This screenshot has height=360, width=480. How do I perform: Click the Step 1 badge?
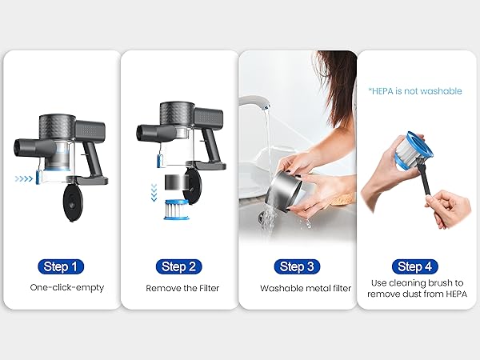coord(61,266)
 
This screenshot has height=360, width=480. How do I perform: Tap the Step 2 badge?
coord(178,266)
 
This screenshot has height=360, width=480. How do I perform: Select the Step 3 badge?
coord(297,266)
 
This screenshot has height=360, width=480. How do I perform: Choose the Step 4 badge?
coord(414,266)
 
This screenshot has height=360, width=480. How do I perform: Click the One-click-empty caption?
coord(67,287)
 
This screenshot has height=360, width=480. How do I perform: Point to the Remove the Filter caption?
coord(182,288)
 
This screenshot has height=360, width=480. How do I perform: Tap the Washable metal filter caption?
coord(306,288)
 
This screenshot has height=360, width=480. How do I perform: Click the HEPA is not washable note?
coord(415,91)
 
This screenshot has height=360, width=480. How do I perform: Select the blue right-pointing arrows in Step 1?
coord(23,178)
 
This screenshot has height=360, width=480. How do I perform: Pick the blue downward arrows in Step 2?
coord(154,193)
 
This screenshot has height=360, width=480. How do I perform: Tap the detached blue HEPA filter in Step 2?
coord(176,210)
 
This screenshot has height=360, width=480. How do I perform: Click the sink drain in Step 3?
coord(262,218)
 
